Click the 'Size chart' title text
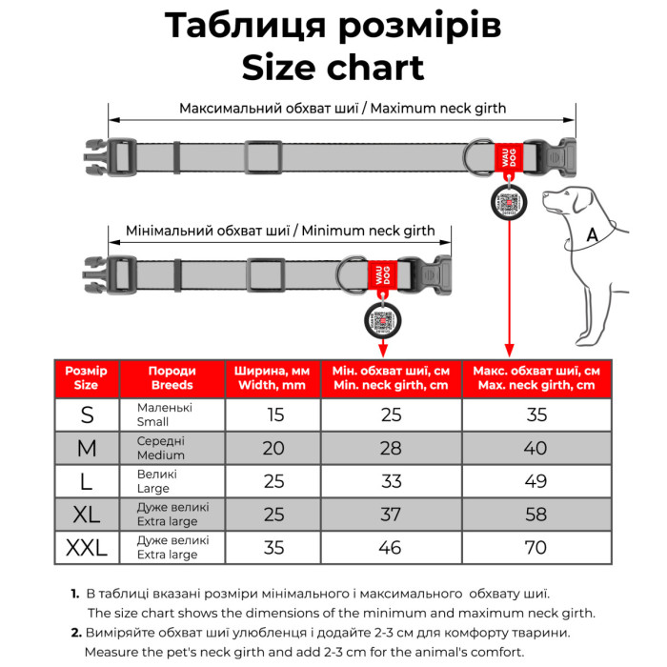pyautogui.click(x=333, y=69)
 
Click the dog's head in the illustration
pyautogui.click(x=563, y=202)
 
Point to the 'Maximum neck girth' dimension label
pyautogui.click(x=342, y=108)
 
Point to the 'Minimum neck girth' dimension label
pyautogui.click(x=280, y=231)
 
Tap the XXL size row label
pyautogui.click(x=87, y=547)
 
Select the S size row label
pyautogui.click(x=87, y=414)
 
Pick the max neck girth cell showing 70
pyautogui.click(x=535, y=548)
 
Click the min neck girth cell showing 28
pyautogui.click(x=390, y=448)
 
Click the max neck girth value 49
pyautogui.click(x=535, y=481)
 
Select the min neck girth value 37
pyautogui.click(x=390, y=515)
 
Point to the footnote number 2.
pyautogui.click(x=75, y=633)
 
